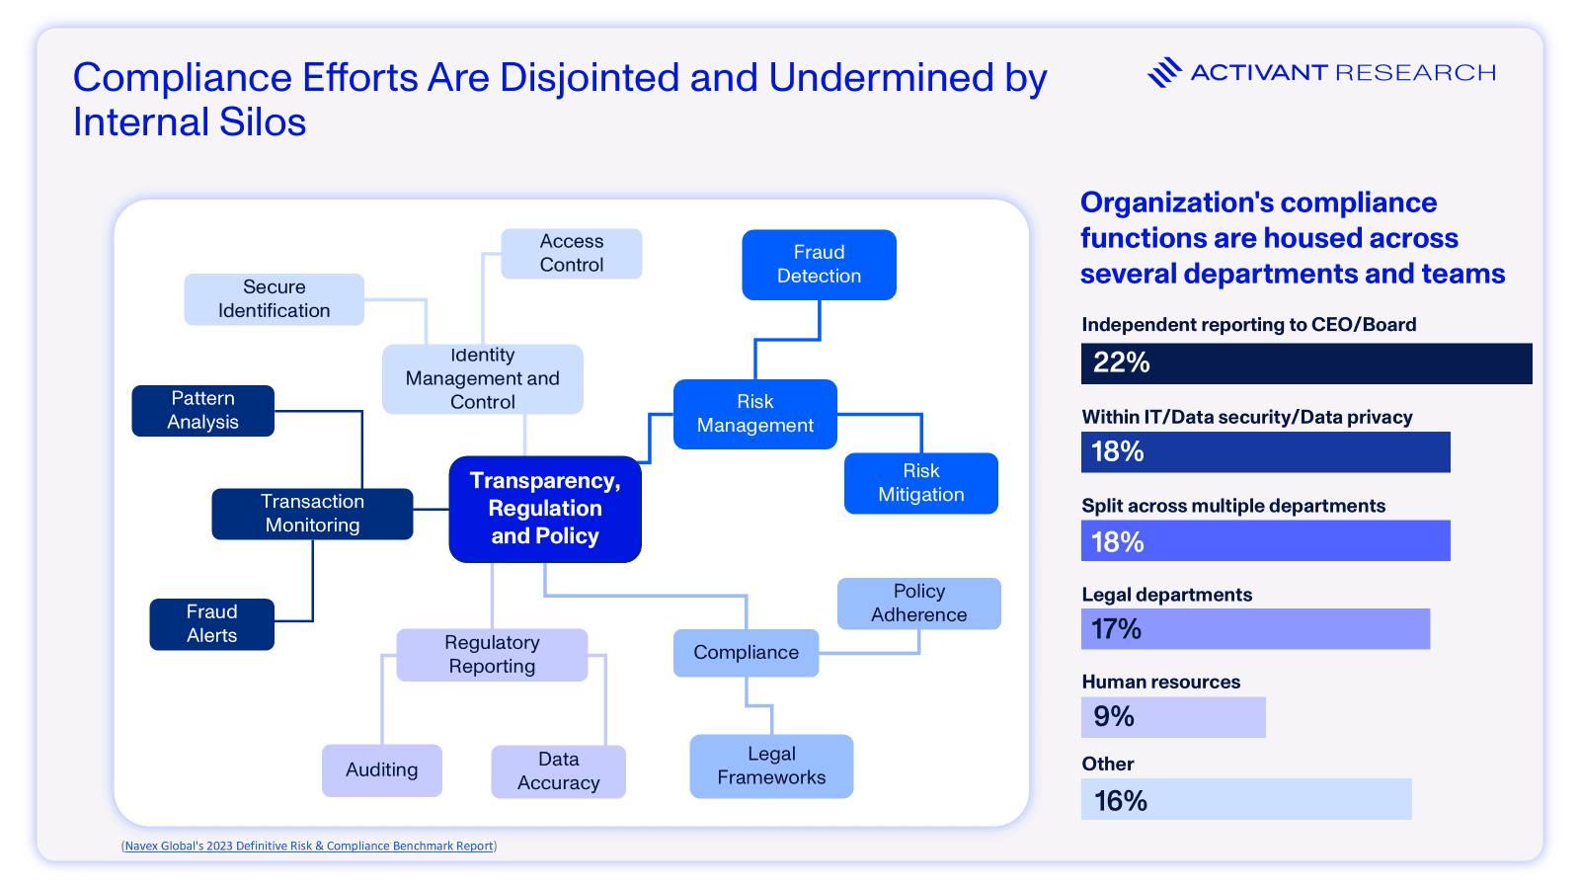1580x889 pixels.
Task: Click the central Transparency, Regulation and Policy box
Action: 545,509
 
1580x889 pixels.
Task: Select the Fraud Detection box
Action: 819,265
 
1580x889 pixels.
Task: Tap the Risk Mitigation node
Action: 920,483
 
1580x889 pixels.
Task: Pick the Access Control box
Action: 571,254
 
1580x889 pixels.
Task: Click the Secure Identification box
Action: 274,299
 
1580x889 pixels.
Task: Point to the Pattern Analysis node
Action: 202,410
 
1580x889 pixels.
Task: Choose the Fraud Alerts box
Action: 211,624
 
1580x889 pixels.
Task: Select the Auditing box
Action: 381,770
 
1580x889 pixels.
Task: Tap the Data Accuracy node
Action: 558,771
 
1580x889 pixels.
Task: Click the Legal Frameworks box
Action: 771,766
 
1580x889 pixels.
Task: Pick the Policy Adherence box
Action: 918,604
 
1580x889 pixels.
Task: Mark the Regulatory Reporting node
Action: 492,655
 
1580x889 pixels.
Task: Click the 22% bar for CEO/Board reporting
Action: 1305,364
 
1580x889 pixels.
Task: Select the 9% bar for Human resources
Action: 1173,717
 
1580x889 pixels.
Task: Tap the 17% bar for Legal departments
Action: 1255,629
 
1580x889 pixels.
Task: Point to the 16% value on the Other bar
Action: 1121,800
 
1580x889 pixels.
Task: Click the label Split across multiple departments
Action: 1233,506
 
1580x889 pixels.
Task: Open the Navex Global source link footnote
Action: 309,847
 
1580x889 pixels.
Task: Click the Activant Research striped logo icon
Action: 1164,72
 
